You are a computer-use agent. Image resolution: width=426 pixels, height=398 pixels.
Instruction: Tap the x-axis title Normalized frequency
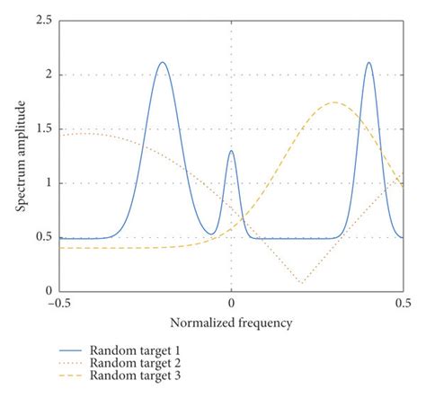232,321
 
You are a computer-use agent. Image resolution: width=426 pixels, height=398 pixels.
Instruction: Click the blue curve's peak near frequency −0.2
163,62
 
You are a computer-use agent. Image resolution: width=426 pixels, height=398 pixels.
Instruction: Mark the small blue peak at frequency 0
231,151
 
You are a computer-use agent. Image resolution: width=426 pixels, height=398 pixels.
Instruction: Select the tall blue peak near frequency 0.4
368,62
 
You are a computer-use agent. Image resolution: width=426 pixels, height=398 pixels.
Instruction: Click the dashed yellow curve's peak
334,102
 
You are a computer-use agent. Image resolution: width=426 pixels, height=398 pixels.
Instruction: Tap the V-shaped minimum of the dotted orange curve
300,282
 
